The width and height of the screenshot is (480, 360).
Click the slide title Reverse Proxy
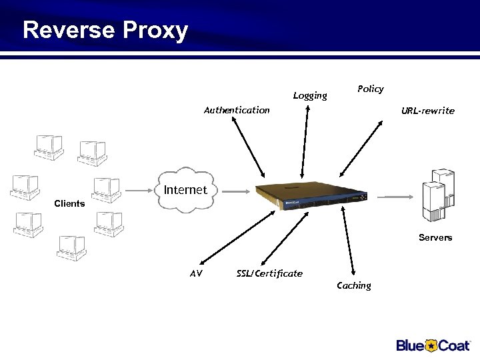coord(105,31)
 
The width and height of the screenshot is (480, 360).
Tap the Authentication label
coord(237,110)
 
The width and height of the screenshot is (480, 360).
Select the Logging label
coord(310,95)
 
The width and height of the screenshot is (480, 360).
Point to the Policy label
coord(370,89)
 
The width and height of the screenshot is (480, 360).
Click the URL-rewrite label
coord(427,111)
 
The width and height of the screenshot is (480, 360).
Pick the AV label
coord(196,273)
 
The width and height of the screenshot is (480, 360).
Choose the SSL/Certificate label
coord(269,273)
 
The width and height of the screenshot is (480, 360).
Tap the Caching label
coord(353,285)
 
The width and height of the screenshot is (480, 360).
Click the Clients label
coord(69,203)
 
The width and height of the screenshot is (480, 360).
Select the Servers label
coord(435,237)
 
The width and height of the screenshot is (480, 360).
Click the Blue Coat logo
coord(433,345)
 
